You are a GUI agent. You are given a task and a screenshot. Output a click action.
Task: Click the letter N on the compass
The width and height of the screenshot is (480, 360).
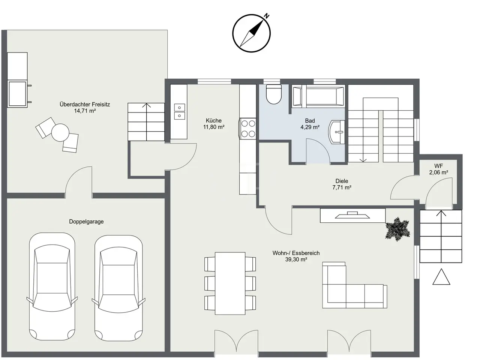[267, 16]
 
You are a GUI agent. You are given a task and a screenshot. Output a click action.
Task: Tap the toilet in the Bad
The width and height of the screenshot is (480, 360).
[273, 94]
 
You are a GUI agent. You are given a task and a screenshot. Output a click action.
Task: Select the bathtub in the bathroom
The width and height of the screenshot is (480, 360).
[318, 96]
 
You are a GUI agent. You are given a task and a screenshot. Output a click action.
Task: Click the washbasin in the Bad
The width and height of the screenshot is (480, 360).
[336, 132]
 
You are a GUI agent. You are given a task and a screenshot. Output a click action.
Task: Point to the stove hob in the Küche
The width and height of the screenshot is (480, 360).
[248, 129]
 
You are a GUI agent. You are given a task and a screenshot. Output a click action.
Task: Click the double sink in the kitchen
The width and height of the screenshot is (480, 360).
[179, 112]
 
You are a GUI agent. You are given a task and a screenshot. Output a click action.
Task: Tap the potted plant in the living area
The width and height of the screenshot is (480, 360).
[397, 229]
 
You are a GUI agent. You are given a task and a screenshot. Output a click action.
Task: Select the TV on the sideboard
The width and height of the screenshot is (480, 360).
[352, 215]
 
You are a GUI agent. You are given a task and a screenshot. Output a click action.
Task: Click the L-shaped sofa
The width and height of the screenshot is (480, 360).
[354, 285]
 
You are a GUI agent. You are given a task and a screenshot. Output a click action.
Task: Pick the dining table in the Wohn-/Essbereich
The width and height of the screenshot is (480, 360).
[230, 283]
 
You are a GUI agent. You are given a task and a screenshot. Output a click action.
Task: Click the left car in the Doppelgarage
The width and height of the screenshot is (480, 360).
[52, 286]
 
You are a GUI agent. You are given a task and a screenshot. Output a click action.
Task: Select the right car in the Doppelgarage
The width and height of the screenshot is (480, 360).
[118, 288]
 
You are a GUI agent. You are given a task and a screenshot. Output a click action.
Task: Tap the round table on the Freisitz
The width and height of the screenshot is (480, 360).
[60, 132]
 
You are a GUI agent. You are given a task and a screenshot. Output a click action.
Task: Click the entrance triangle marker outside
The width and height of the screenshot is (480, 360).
[441, 277]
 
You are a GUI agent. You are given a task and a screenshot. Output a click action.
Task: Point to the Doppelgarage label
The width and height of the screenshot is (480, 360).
[86, 222]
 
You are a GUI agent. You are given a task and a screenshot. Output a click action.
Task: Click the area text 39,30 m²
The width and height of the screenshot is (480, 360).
[296, 259]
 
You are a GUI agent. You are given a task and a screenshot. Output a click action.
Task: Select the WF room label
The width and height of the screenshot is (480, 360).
[438, 166]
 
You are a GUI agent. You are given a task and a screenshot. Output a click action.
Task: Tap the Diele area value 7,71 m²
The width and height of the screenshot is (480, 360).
[342, 187]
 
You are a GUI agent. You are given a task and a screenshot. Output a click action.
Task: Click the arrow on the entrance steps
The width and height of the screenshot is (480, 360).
[441, 213]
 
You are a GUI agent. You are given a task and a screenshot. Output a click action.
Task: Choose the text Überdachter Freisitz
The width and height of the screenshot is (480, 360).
[85, 104]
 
